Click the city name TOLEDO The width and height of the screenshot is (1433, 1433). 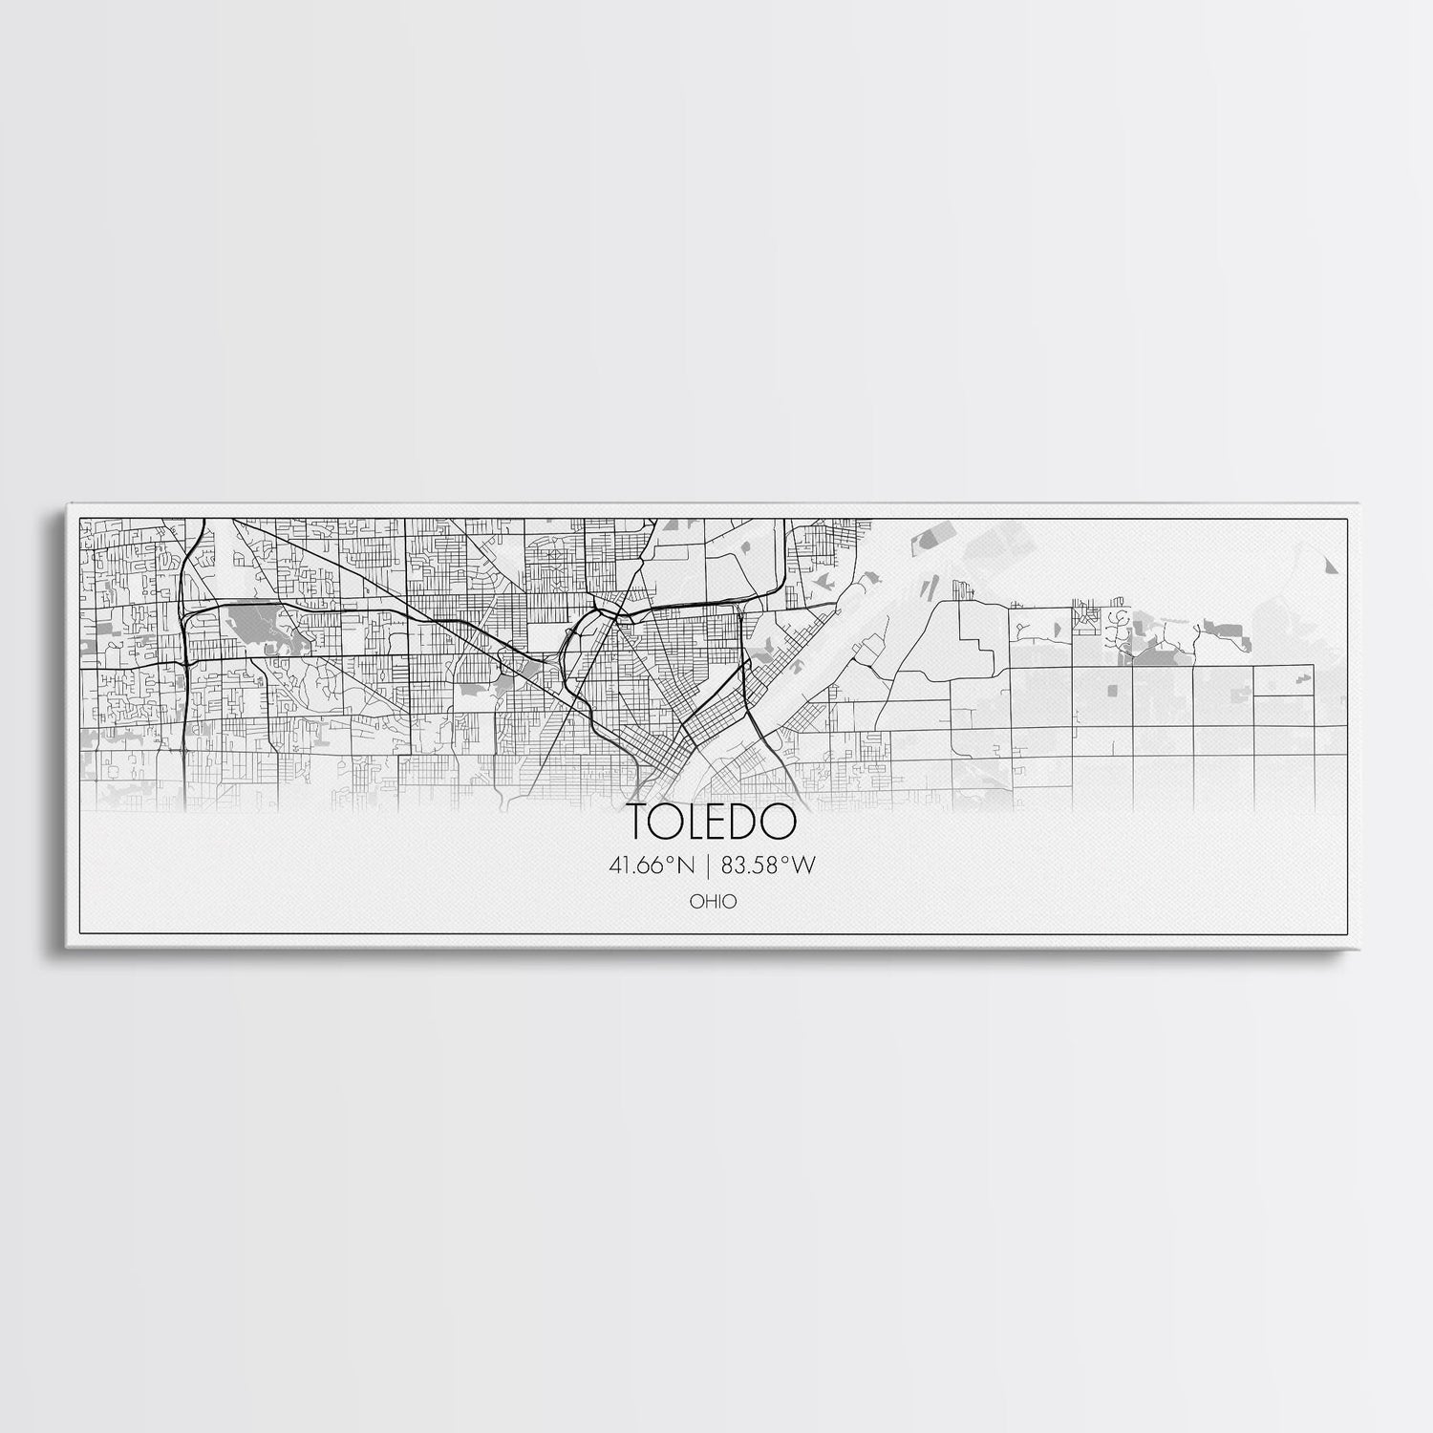711,821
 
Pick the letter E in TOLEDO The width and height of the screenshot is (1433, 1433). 722,821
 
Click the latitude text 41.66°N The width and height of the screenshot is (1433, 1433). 650,866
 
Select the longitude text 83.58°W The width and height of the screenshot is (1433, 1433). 769,866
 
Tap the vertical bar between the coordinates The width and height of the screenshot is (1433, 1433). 709,866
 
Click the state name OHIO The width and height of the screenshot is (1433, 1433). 716,901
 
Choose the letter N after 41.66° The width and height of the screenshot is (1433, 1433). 685,866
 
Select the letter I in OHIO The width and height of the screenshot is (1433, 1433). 721,901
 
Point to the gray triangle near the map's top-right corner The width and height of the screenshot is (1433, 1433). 1331,566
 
